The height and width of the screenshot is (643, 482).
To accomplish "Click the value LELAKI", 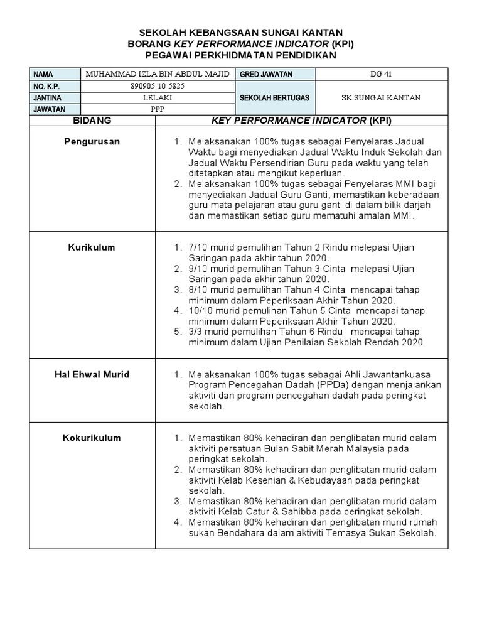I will (x=158, y=98).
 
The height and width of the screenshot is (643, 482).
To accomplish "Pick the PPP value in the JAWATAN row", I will (x=158, y=109).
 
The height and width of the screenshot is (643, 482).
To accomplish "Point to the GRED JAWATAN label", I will (x=266, y=74).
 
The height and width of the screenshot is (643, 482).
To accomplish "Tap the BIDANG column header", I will (x=92, y=119).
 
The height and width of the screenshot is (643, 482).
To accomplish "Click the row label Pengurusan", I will (x=92, y=142).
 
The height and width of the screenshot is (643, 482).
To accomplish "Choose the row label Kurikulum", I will (x=92, y=247).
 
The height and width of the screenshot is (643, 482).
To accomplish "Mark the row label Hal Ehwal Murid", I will (x=92, y=374).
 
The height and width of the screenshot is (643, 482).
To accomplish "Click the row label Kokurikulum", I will (x=92, y=438).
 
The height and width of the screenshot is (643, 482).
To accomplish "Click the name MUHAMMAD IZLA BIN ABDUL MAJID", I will (x=158, y=74).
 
